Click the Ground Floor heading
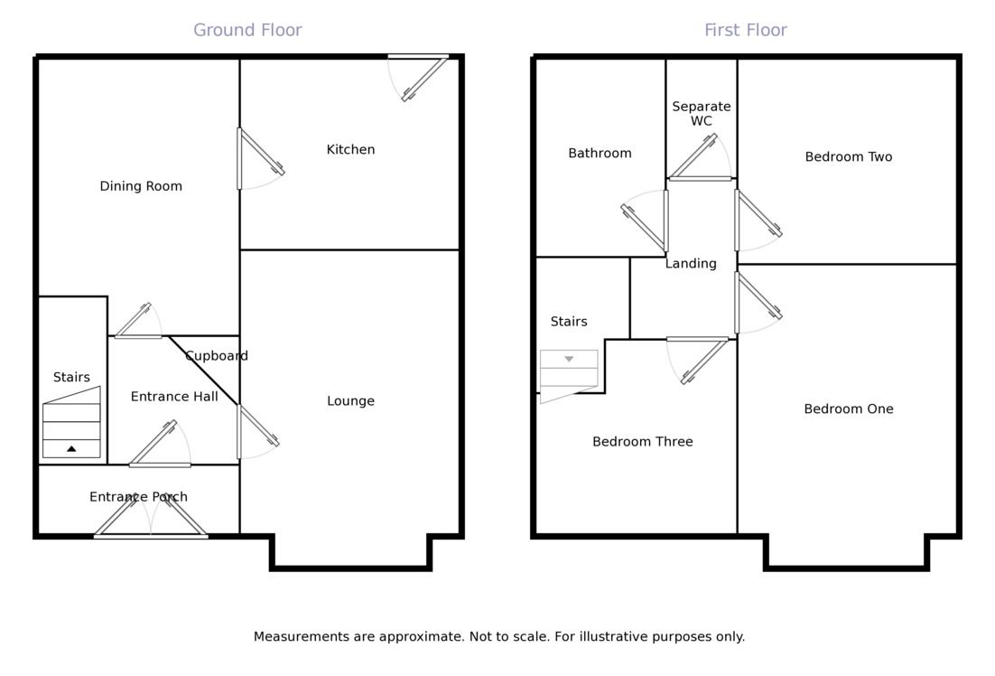[x=247, y=30]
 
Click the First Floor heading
[x=745, y=30]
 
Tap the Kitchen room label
[x=350, y=149]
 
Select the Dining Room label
[x=141, y=186]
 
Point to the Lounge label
[x=350, y=401]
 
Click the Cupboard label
[x=217, y=356]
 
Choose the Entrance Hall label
[x=174, y=397]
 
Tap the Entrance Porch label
[x=138, y=497]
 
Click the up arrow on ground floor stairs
[x=71, y=448]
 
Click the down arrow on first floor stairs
[x=569, y=360]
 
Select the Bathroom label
[x=600, y=154]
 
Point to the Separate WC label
[x=702, y=114]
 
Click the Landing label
[x=691, y=264]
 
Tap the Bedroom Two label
[x=848, y=157]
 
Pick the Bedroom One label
[x=848, y=409]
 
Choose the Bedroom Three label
[x=642, y=442]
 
